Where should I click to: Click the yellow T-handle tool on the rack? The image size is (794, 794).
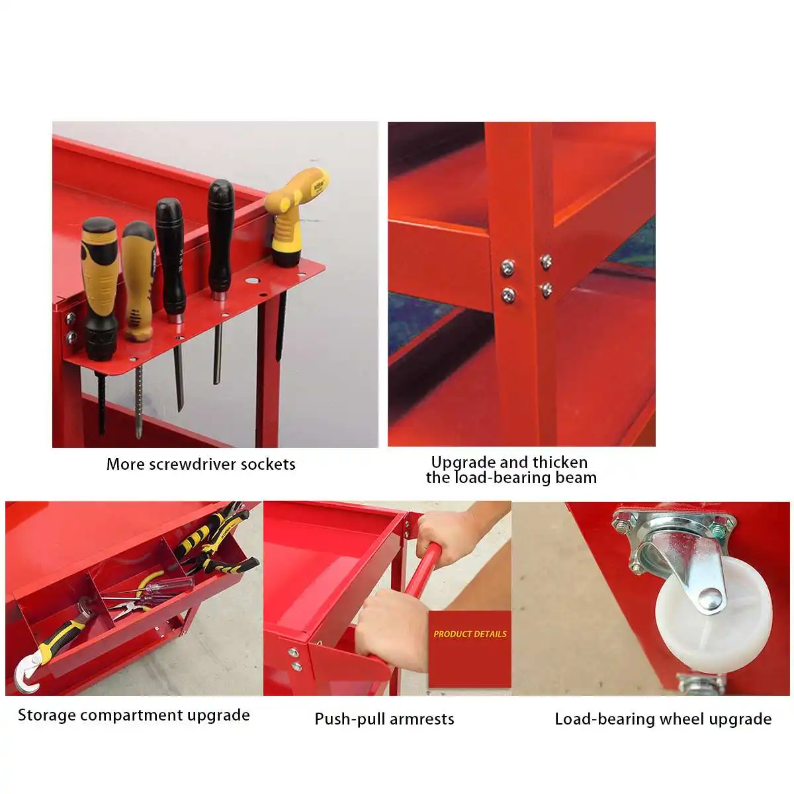click(293, 214)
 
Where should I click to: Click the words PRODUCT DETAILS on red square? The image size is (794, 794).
click(470, 634)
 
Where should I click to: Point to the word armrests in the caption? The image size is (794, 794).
click(421, 719)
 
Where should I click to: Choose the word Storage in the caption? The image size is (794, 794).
click(47, 715)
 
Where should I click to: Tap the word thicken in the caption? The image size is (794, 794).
click(558, 463)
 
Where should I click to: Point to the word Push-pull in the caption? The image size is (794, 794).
click(350, 719)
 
